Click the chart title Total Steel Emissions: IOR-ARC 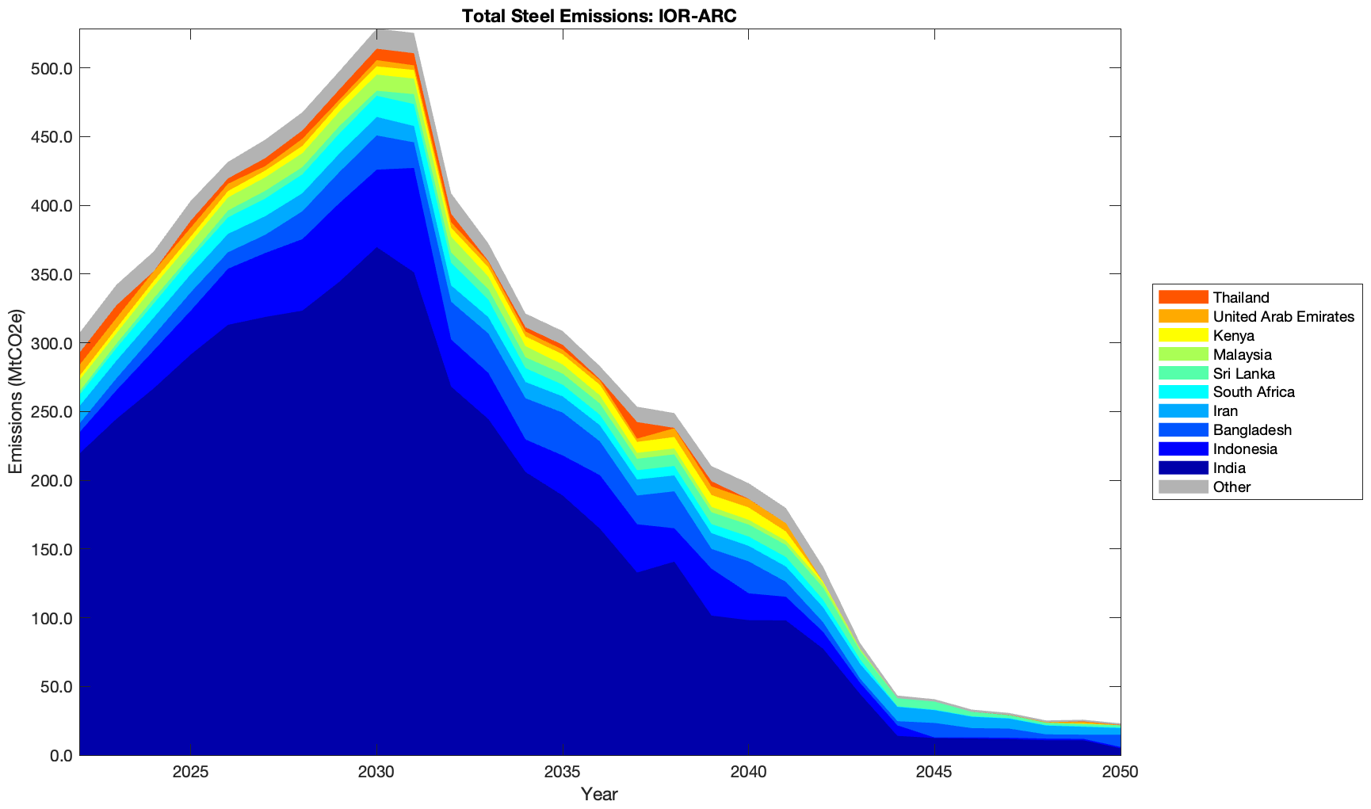(x=599, y=16)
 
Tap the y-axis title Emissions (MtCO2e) (x=16, y=391)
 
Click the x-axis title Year (x=599, y=794)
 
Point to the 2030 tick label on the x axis (x=376, y=773)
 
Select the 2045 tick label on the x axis (x=935, y=773)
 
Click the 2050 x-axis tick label (x=1121, y=773)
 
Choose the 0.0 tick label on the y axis (x=60, y=756)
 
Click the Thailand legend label (x=1241, y=297)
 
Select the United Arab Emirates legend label (x=1283, y=316)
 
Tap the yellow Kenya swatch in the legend (x=1183, y=335)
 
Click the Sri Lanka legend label (x=1243, y=373)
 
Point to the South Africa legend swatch (x=1183, y=392)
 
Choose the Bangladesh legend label (x=1252, y=430)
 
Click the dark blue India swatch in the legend (x=1183, y=468)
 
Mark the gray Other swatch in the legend (x=1183, y=487)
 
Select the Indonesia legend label (x=1245, y=449)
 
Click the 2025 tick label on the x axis (x=190, y=773)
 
